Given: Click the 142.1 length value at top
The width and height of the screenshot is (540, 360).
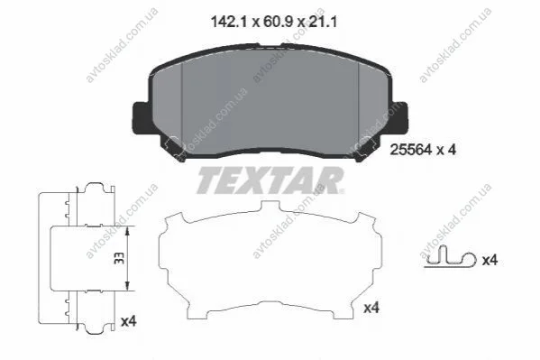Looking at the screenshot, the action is click(229, 23).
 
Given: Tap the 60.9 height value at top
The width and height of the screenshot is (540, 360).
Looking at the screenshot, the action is click(278, 23).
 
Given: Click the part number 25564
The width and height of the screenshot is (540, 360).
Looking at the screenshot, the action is click(410, 150).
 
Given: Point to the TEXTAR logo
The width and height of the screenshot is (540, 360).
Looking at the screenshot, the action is click(270, 180).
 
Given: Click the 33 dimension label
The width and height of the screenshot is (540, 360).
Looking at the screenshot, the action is click(119, 258).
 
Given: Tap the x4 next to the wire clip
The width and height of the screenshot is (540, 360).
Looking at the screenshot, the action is click(490, 260).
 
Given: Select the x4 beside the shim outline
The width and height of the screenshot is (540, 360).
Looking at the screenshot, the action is click(371, 308).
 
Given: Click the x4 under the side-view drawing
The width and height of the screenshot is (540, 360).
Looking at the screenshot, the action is click(129, 321).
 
